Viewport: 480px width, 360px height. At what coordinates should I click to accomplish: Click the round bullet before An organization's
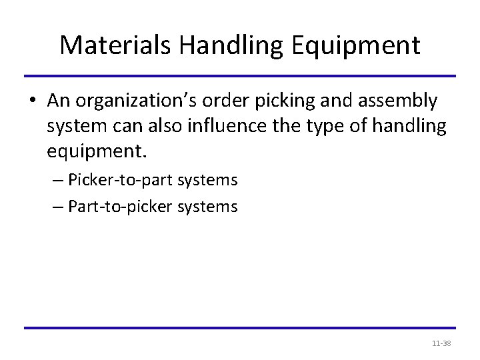click(x=34, y=101)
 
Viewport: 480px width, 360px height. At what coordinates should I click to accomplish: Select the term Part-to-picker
click(x=113, y=207)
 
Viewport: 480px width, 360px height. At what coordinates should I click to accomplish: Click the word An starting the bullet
click(x=57, y=101)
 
